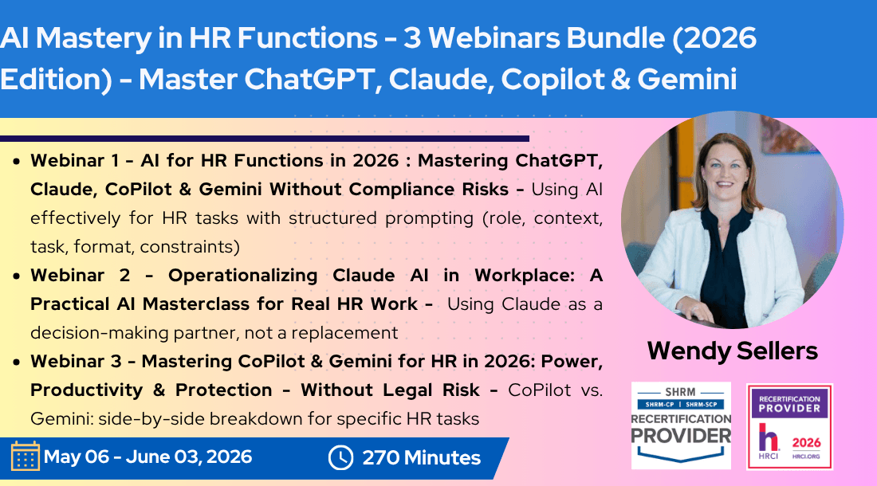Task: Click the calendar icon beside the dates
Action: pyautogui.click(x=25, y=457)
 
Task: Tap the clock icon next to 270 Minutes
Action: pyautogui.click(x=340, y=457)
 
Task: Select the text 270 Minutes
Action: pyautogui.click(x=421, y=458)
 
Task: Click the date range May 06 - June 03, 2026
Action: pyautogui.click(x=147, y=457)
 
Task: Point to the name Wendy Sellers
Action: pyautogui.click(x=733, y=350)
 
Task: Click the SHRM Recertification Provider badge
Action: pyautogui.click(x=681, y=425)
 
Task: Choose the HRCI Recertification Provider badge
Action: pyautogui.click(x=789, y=427)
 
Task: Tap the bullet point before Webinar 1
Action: pyautogui.click(x=18, y=162)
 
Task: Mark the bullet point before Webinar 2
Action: pyautogui.click(x=18, y=276)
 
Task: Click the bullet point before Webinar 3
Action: pyautogui.click(x=18, y=363)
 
